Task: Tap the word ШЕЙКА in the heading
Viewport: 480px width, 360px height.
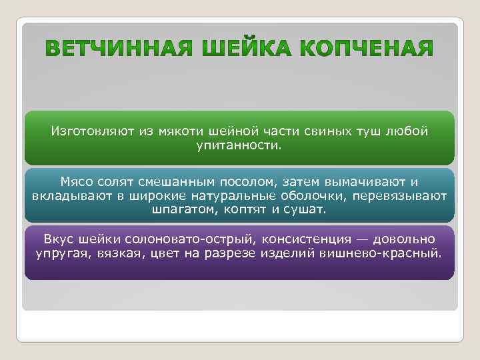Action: click(239, 49)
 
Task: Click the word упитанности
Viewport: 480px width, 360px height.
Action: click(239, 144)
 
